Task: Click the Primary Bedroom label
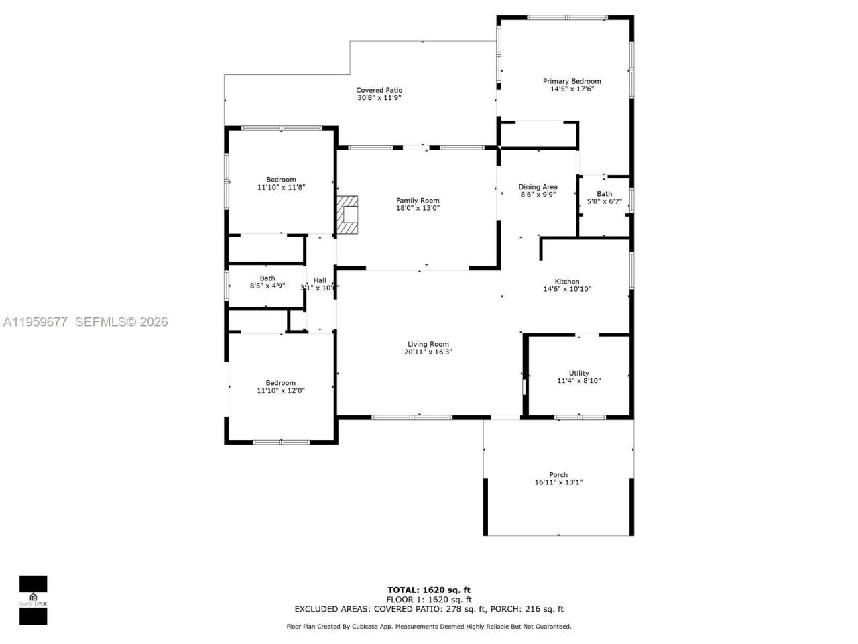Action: [571, 81]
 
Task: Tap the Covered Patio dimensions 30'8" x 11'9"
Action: [379, 98]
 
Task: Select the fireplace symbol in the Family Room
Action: [348, 215]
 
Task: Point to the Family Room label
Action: [418, 201]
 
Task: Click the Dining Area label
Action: [538, 187]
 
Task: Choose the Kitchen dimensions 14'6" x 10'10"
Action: [566, 290]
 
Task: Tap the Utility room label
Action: [578, 373]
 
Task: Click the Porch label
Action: [558, 475]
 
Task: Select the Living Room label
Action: [428, 344]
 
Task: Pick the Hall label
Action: [320, 280]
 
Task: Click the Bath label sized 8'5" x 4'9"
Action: [267, 278]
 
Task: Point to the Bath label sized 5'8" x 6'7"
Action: [604, 194]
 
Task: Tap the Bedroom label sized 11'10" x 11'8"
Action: [281, 179]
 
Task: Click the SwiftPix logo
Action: [33, 600]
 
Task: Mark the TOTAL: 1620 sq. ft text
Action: [429, 590]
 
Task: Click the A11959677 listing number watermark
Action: [35, 322]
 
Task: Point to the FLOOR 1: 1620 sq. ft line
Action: [429, 600]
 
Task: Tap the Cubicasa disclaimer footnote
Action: [429, 627]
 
